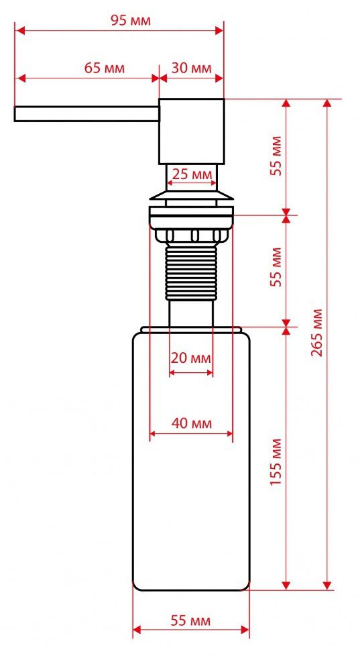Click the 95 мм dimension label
point(131,20)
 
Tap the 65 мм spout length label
point(105,68)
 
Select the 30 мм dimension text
point(191,68)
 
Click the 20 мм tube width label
point(191,358)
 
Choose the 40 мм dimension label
point(191,423)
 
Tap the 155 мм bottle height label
point(276,462)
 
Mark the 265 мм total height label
point(317,333)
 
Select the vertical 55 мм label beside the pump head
point(276,156)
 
